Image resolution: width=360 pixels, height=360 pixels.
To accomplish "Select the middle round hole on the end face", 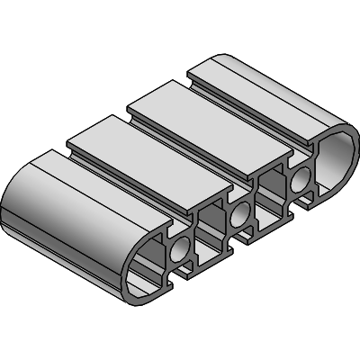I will [239, 216].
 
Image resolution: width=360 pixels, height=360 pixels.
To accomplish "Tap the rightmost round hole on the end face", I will [298, 184].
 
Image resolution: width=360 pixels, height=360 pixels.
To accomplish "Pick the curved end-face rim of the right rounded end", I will [346, 135].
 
